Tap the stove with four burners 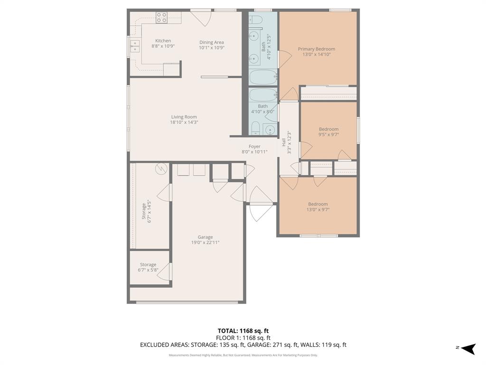162,18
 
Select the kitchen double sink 135,46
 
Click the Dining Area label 211,42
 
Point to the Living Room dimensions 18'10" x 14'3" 184,122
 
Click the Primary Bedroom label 316,49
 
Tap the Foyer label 254,146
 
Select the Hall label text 284,142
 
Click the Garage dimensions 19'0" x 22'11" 205,242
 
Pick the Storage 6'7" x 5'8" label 148,265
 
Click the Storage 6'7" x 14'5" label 144,211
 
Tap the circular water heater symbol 161,168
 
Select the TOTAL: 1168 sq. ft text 243,331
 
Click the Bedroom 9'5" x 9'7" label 328,129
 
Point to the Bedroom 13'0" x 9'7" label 318,204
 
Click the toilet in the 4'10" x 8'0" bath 255,127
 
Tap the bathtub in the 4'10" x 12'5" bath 263,77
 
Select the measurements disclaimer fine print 243,355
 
